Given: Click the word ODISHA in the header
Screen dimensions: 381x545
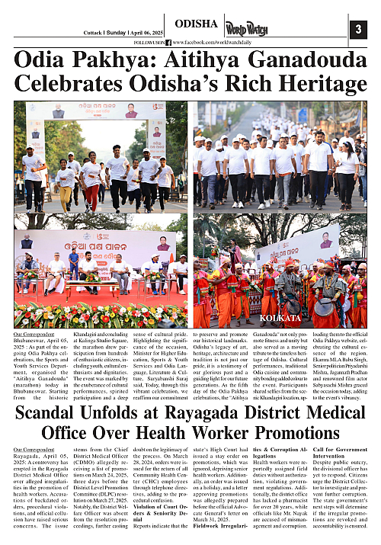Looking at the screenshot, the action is [x=197, y=24].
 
